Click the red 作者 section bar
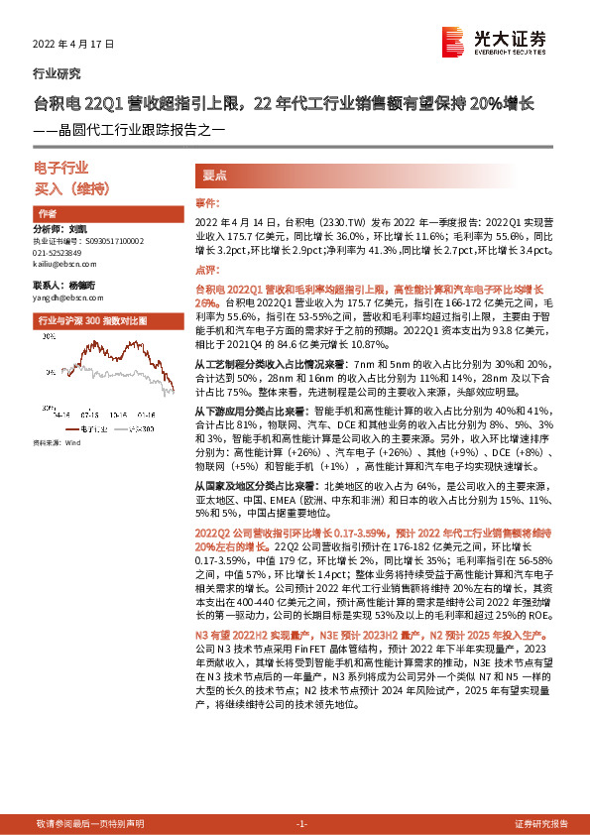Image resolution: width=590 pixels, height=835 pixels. [x=99, y=213]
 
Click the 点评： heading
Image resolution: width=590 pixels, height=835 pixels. [x=206, y=269]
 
